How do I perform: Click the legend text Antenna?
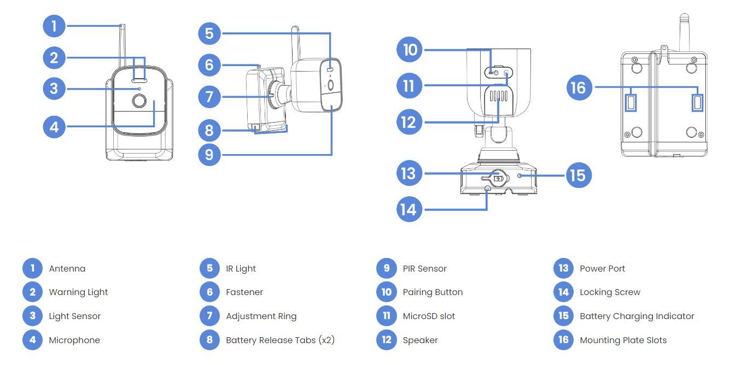coord(67,268)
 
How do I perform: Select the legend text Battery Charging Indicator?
coord(637,316)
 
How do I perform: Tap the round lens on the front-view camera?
coord(138,101)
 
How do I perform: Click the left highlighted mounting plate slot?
coord(631,102)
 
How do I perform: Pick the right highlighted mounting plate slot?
coord(698,102)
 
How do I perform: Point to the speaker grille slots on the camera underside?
coord(498,97)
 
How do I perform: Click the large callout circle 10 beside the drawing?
coord(410,50)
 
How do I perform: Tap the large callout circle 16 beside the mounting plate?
coord(578,87)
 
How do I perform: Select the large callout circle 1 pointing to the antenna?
coord(54,26)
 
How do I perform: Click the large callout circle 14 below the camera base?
coord(409,209)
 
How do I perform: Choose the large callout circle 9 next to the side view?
coord(209,154)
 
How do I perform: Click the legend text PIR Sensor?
coord(424,268)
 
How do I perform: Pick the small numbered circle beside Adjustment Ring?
coord(209,316)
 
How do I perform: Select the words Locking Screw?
coord(610,292)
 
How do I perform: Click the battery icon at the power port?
coord(498,179)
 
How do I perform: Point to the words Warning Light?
coord(78,292)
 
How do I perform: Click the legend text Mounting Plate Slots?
coord(623,340)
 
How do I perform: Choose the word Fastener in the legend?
coord(244,292)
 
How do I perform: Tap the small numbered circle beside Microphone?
coord(33,340)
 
